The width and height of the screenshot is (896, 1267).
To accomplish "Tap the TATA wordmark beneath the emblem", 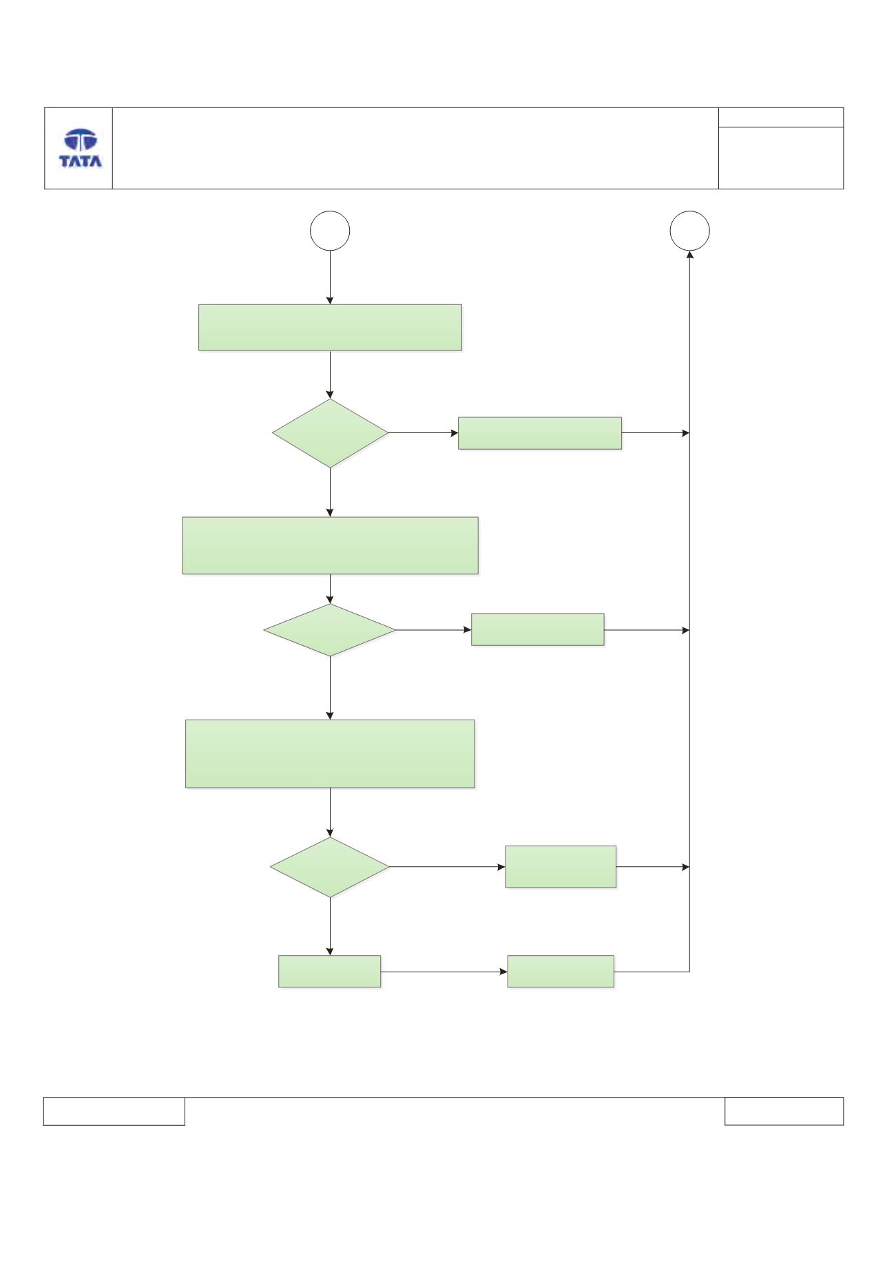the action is click(x=81, y=162).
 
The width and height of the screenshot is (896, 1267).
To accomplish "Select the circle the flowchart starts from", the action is click(x=330, y=231).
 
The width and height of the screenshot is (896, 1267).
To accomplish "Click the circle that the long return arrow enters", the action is click(x=689, y=231).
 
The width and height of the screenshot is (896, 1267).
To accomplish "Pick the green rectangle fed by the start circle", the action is click(x=330, y=328).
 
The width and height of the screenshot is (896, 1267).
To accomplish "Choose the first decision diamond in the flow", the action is click(x=330, y=434).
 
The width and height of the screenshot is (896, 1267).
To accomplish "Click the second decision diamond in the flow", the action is click(x=330, y=630).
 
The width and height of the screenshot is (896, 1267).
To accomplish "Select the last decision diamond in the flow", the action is click(x=330, y=868).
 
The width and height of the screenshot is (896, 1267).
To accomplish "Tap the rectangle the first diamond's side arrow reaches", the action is click(x=540, y=433).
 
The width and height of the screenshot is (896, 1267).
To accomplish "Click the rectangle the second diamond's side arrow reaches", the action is click(x=538, y=629).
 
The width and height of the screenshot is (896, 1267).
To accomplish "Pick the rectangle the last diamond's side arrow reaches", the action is click(x=561, y=867).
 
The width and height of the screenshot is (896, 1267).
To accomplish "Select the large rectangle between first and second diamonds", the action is click(x=330, y=545).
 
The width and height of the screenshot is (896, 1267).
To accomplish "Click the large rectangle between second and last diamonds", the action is click(x=331, y=754).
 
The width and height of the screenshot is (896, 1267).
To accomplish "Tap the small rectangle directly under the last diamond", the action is click(x=329, y=972).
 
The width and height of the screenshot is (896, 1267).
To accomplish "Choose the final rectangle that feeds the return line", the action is click(x=561, y=972).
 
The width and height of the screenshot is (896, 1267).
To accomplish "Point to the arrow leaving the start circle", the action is click(x=330, y=278).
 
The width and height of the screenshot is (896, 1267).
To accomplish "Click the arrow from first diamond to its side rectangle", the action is click(x=424, y=434).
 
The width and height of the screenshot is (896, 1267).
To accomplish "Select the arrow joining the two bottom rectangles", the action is click(x=444, y=972).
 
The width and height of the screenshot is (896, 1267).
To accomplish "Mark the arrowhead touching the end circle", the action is click(x=689, y=255).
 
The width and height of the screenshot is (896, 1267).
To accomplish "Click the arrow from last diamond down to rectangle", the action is click(x=330, y=926).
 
